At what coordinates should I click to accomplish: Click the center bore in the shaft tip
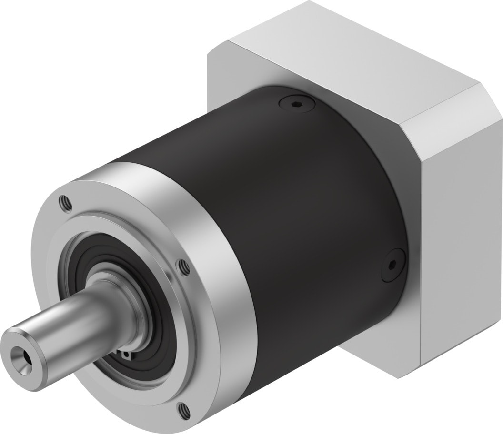click(x=20, y=354)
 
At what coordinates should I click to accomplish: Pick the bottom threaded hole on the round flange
click(x=183, y=407)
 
